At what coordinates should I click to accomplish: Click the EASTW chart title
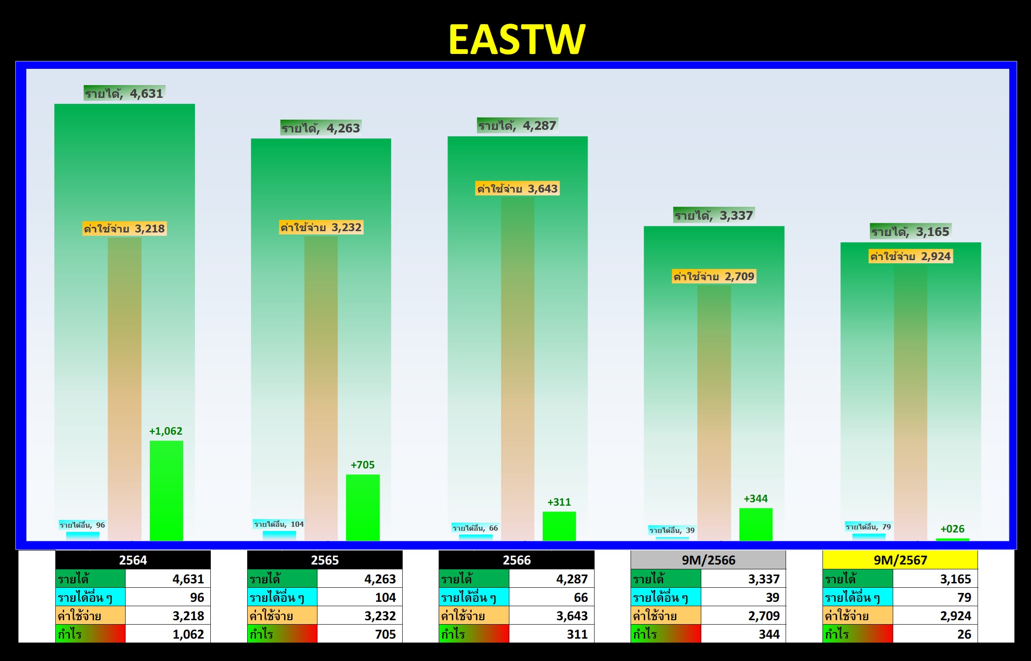(x=517, y=39)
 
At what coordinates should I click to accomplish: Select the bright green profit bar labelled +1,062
(x=166, y=490)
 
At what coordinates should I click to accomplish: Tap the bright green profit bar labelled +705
(x=363, y=507)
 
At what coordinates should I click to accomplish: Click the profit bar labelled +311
(x=559, y=526)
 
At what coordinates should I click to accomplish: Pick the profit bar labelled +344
(x=756, y=524)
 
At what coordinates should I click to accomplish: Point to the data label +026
(x=952, y=529)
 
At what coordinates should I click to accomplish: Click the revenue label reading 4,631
(x=124, y=93)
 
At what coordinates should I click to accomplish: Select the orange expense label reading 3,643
(x=517, y=189)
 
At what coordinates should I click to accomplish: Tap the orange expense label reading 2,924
(x=910, y=256)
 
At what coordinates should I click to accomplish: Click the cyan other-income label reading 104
(x=279, y=524)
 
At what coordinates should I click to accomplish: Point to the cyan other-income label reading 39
(x=672, y=530)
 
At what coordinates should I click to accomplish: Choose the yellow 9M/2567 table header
(x=900, y=560)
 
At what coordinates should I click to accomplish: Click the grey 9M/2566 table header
(x=708, y=560)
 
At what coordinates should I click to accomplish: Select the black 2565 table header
(x=325, y=560)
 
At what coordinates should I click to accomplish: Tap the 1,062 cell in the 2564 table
(x=168, y=634)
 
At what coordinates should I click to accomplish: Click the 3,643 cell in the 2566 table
(x=552, y=615)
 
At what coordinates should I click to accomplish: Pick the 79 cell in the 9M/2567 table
(x=935, y=597)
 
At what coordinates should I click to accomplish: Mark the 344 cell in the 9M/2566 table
(x=743, y=634)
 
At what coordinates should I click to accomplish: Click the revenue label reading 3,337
(x=714, y=215)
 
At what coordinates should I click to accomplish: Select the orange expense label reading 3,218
(x=124, y=229)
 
